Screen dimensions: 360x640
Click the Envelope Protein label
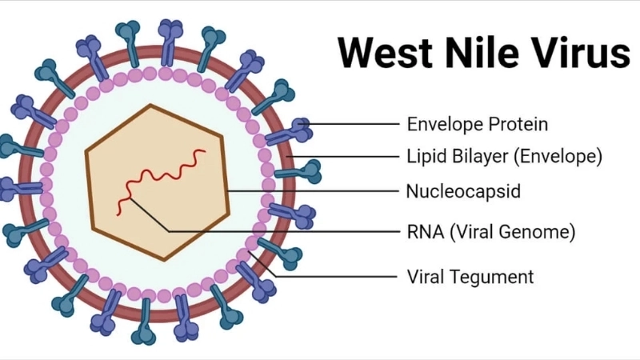click(x=478, y=124)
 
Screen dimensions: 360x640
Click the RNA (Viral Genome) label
click(x=490, y=232)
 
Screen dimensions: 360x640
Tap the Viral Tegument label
click(x=470, y=277)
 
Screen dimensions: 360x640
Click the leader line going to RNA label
click(x=280, y=232)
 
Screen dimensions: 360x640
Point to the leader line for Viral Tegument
click(x=336, y=277)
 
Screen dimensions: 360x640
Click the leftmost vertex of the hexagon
click(x=86, y=145)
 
